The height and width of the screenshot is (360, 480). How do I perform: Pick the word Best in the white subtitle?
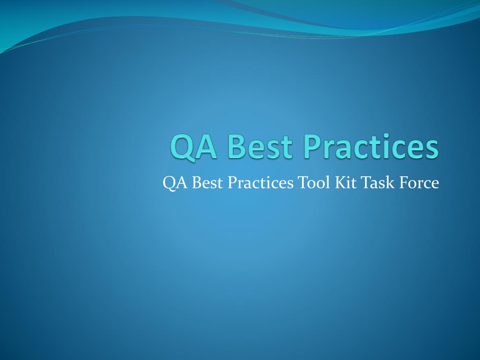point(208,182)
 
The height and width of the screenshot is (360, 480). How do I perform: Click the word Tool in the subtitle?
point(314,182)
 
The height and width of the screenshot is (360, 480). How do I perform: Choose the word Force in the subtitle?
point(420,182)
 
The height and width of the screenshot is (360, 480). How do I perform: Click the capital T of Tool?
point(302,182)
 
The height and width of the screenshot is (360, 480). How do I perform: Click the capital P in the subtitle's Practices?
point(231,182)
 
